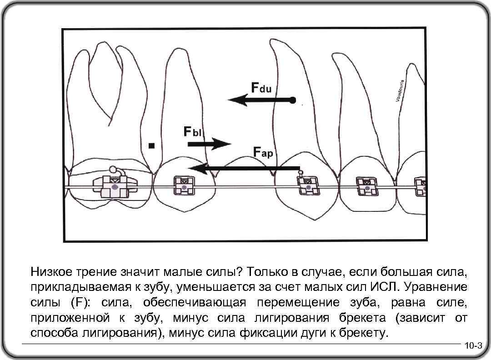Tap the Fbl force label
click(x=193, y=131)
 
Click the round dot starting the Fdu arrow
click(x=293, y=99)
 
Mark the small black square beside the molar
click(x=152, y=146)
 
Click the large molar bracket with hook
click(x=115, y=185)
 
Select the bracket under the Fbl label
click(x=184, y=186)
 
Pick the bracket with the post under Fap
click(x=308, y=185)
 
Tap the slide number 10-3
click(x=473, y=346)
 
